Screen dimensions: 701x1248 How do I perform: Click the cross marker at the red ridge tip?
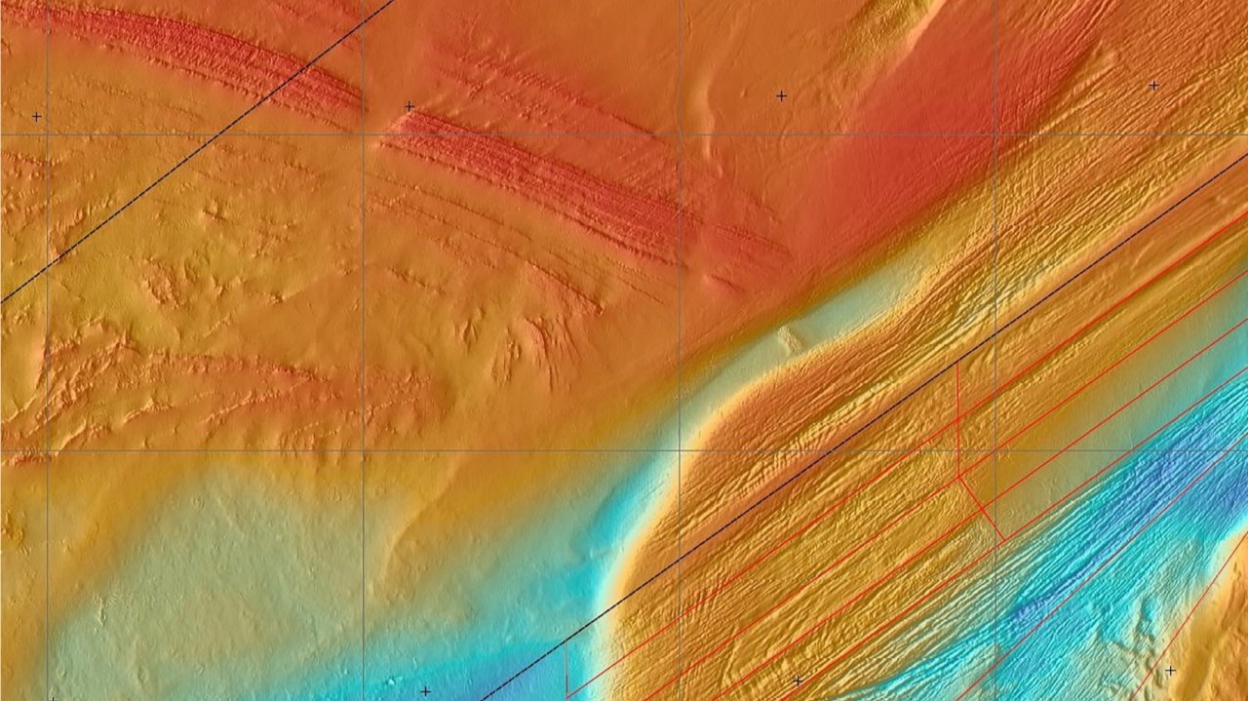(x=409, y=106)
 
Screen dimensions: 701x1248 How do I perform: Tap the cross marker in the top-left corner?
(x=37, y=117)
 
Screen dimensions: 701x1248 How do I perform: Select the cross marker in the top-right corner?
(x=1153, y=86)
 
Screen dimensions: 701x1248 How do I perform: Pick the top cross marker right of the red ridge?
(x=781, y=96)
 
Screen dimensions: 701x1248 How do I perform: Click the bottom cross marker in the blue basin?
(x=425, y=691)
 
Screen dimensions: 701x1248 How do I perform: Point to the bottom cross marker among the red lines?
(x=798, y=681)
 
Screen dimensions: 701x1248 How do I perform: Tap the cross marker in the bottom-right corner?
(x=1170, y=671)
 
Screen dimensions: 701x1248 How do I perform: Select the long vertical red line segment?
(x=957, y=419)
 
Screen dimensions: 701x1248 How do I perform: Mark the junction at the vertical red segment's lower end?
(x=959, y=476)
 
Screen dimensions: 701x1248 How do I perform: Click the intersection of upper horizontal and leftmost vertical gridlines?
(x=47, y=135)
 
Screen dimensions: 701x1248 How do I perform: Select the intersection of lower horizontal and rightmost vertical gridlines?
(x=995, y=450)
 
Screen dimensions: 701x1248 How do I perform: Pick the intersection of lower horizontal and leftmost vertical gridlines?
(x=47, y=450)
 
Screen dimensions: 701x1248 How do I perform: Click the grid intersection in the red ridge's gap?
(x=363, y=135)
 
